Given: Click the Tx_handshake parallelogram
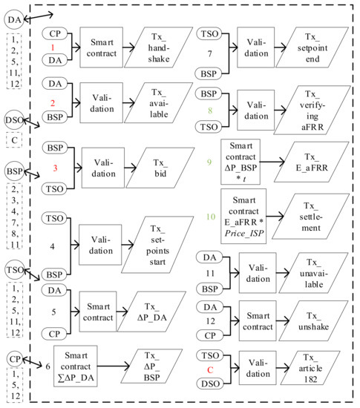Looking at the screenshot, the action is (x=159, y=47).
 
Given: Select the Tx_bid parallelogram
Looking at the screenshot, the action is (x=160, y=168).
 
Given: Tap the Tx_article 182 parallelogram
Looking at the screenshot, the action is (x=310, y=368).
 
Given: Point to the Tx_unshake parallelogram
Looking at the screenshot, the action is (x=313, y=320).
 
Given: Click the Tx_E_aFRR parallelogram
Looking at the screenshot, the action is (x=312, y=162).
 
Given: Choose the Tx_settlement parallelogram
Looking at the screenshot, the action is (x=310, y=216).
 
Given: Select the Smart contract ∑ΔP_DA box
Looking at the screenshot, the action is (x=76, y=366).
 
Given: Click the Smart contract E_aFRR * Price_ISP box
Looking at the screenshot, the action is (x=243, y=216).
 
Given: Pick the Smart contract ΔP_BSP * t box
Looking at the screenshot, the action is (x=240, y=162).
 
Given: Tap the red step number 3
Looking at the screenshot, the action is (x=55, y=168).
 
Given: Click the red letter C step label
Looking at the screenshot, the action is (x=210, y=369).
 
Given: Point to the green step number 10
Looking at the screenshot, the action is (x=211, y=217).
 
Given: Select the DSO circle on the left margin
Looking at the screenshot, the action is (x=15, y=120).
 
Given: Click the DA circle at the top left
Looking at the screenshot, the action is (x=14, y=19).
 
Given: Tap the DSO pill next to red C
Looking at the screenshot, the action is (x=210, y=384).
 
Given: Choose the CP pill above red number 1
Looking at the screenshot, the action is (x=55, y=33).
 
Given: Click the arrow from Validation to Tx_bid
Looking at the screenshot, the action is (x=130, y=168).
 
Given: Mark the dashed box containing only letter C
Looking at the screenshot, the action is (x=14, y=140).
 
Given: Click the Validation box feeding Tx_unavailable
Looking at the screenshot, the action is (x=258, y=273).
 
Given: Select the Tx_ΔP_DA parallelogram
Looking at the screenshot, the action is (x=151, y=312).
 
